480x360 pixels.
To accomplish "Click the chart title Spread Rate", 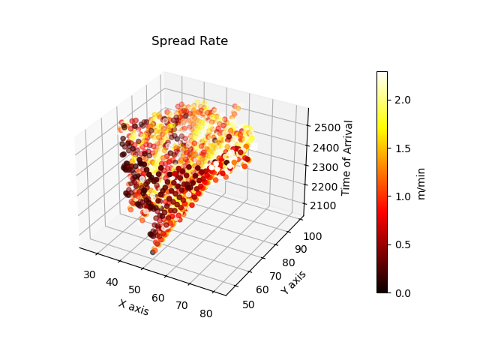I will point(190,41).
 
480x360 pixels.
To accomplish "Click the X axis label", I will point(133,307).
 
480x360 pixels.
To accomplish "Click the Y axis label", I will point(294,283).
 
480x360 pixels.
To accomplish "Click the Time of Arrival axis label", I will point(348,157).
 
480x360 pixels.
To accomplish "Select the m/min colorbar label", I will point(422,182).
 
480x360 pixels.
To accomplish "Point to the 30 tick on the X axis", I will point(90,274).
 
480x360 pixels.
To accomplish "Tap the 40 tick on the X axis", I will point(113,282).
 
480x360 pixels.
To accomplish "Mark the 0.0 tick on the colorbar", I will point(402,292).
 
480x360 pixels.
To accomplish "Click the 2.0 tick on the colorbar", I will point(402,100).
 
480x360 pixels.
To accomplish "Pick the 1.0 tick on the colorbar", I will point(402,196).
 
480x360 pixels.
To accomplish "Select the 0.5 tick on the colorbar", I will point(402,244).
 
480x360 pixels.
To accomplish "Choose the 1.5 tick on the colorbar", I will point(402,148).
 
